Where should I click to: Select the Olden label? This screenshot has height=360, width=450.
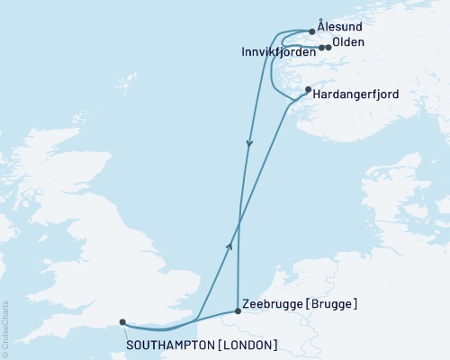pos(348,42)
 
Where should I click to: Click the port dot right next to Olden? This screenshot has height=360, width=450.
pos(328,47)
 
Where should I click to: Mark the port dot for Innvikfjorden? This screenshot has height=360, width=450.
pos(321,47)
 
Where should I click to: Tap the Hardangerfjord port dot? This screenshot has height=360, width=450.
pos(308,89)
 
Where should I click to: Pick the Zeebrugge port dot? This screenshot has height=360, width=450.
pos(238,310)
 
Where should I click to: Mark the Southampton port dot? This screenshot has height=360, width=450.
pos(122,321)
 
